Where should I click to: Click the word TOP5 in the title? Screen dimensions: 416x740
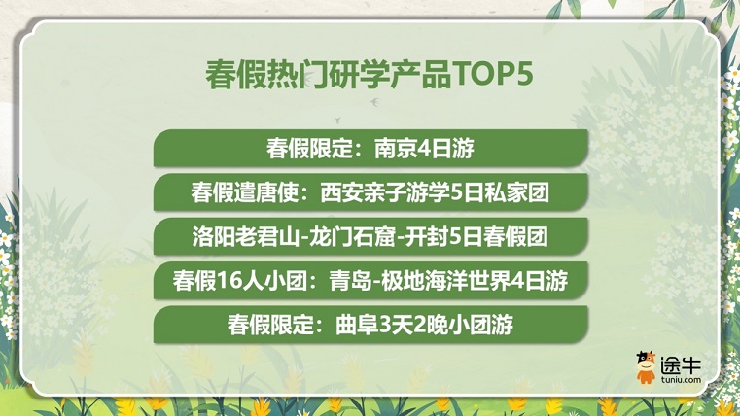pos(493,75)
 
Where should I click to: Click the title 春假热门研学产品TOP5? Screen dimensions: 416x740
pos(370,75)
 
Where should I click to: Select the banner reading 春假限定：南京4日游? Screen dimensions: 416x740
pos(370,148)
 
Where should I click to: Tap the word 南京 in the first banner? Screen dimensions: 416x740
pos(394,148)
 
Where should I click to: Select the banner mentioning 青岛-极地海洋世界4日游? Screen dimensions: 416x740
pos(370,280)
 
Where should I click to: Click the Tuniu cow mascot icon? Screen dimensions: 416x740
pos(646,366)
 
